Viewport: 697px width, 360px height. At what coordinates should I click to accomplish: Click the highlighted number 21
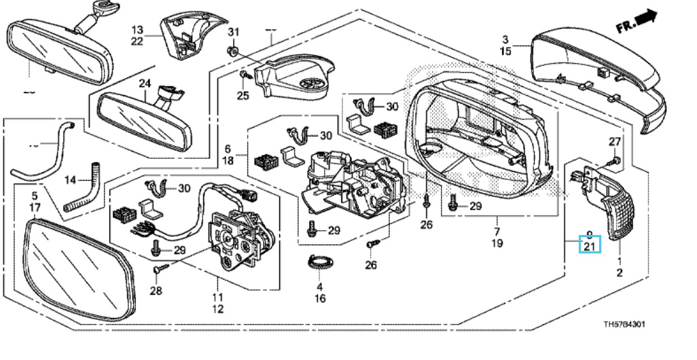pyautogui.click(x=590, y=245)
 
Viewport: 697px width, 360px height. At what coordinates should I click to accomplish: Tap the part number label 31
pyautogui.click(x=233, y=33)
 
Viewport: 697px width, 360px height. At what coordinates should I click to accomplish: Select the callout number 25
pyautogui.click(x=243, y=95)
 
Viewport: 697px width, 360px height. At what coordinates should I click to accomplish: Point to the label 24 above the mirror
pyautogui.click(x=144, y=84)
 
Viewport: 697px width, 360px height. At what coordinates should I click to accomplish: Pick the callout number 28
pyautogui.click(x=156, y=291)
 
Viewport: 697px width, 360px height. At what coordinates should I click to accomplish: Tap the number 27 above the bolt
pyautogui.click(x=614, y=141)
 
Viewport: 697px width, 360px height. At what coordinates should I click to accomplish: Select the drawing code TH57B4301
pyautogui.click(x=625, y=325)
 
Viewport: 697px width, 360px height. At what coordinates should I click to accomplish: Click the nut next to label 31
pyautogui.click(x=232, y=51)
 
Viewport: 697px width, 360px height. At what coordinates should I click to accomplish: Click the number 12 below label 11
pyautogui.click(x=218, y=309)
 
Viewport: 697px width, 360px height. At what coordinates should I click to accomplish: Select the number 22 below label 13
pyautogui.click(x=137, y=42)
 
